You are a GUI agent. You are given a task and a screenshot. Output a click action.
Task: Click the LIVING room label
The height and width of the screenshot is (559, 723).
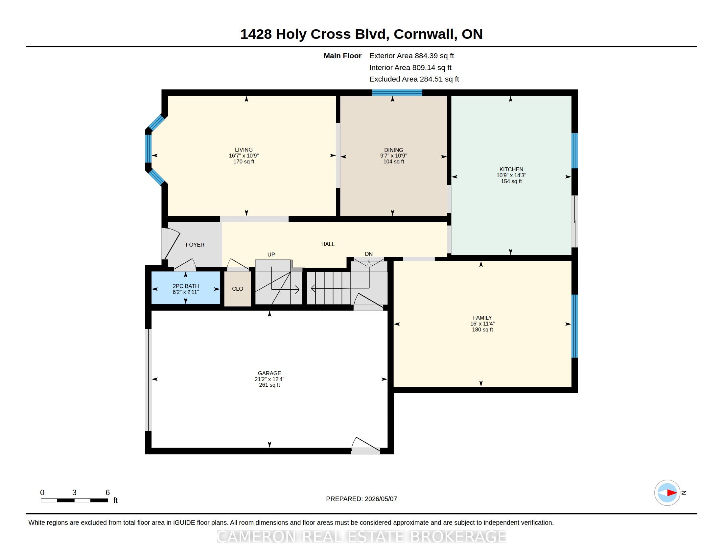point(244,150)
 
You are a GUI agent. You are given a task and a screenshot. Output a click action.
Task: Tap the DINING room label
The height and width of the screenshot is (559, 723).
point(394,150)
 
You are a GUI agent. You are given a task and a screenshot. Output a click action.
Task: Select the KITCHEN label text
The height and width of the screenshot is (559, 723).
point(511,169)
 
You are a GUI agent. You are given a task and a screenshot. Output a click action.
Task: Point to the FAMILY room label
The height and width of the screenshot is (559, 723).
point(482,318)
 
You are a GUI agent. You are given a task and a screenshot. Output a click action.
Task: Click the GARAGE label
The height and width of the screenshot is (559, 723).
point(269,373)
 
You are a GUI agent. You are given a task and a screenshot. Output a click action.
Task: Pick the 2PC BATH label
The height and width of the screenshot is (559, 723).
point(186,286)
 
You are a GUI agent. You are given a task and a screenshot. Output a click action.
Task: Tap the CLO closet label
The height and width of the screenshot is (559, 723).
point(238,289)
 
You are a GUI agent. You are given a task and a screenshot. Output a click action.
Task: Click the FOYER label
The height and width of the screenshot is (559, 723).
point(195,245)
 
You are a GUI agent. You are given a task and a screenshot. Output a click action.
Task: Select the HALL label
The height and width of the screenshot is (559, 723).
point(328,244)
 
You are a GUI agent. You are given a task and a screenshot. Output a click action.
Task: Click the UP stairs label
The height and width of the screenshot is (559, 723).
point(271,255)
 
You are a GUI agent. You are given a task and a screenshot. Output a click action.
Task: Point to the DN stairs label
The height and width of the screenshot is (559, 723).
point(369,254)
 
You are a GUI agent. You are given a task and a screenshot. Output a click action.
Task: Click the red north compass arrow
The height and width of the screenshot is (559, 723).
point(672,493)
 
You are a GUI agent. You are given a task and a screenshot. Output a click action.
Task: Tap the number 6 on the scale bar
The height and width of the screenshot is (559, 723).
point(107,493)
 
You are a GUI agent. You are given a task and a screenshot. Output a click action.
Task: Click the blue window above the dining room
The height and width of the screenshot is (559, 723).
point(397,93)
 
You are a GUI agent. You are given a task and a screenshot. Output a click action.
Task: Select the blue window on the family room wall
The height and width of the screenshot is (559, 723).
point(575,326)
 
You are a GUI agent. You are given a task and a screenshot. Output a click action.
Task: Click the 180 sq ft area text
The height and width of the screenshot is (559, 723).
point(482,330)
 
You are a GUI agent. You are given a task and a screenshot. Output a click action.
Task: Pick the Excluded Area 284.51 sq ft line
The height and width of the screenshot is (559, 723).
point(414,79)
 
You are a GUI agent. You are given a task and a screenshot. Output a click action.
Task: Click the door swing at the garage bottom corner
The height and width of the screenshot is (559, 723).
point(365,446)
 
